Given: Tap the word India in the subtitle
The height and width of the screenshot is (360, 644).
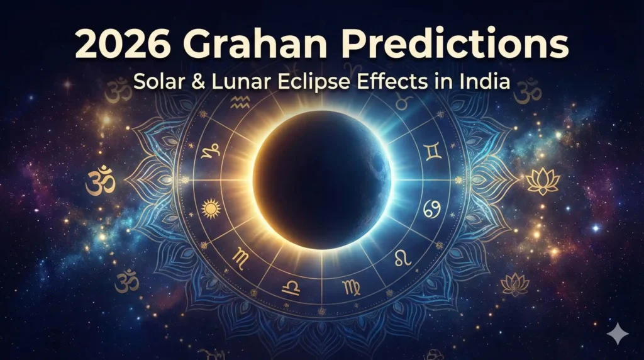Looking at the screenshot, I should [x=487, y=83].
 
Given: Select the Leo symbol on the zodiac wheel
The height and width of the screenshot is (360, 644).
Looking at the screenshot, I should [x=402, y=256].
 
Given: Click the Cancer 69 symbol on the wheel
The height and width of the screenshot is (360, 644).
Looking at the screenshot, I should [x=431, y=206].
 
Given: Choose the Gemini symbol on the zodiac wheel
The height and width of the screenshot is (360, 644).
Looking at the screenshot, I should [x=432, y=150].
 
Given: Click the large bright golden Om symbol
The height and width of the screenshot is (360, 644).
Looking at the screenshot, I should [x=101, y=180].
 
